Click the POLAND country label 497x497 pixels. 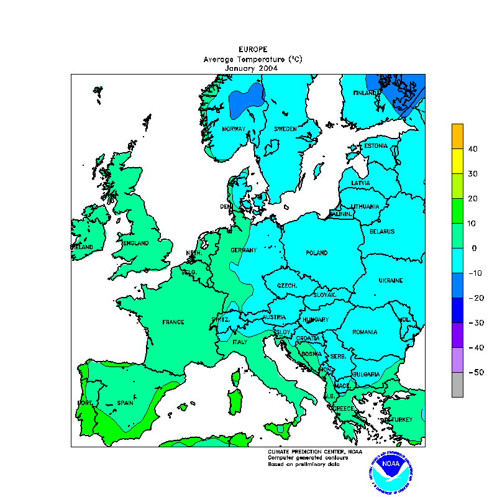click(316, 253)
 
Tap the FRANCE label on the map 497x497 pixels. click(173, 322)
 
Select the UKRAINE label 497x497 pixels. click(391, 280)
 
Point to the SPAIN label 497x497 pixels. click(125, 403)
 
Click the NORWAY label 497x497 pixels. click(234, 129)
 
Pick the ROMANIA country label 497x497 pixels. click(365, 332)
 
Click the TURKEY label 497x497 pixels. click(401, 420)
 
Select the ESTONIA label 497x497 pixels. click(376, 146)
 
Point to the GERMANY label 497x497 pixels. click(244, 250)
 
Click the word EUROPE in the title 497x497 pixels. click(253, 49)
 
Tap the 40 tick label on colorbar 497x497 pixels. click(472, 149)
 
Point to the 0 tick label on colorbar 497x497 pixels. click(474, 248)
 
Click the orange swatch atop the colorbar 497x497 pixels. click(457, 136)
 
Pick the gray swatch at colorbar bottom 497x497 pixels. click(457, 385)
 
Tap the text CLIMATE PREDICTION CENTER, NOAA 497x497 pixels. click(314, 452)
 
